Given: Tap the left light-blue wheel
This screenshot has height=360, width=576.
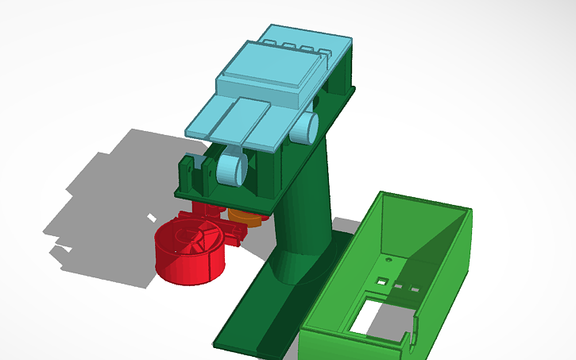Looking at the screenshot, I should (229, 168).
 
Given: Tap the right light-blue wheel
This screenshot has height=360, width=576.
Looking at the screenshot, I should (306, 127).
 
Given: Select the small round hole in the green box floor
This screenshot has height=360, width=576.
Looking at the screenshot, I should (388, 260).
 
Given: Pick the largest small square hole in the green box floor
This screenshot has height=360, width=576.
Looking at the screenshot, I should (382, 281).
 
